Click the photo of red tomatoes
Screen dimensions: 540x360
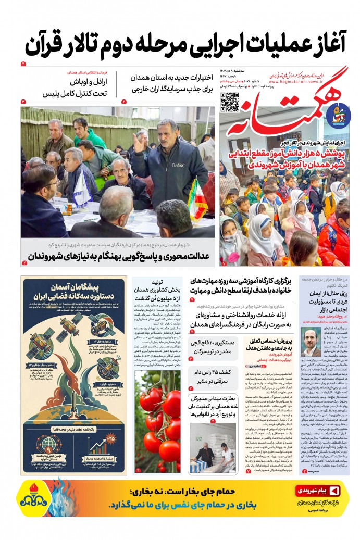pyautogui.click(x=158, y=422)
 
